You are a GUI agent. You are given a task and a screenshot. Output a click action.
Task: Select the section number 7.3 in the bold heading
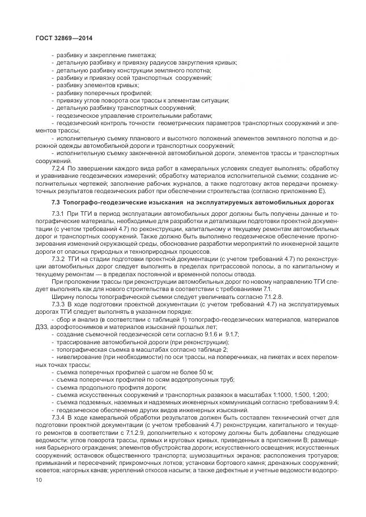(56, 202)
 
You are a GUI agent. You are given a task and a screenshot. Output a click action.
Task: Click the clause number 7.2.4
(59, 169)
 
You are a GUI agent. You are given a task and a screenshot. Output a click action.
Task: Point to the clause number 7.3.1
(59, 213)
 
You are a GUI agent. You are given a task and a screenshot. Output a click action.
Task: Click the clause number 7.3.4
(59, 417)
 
